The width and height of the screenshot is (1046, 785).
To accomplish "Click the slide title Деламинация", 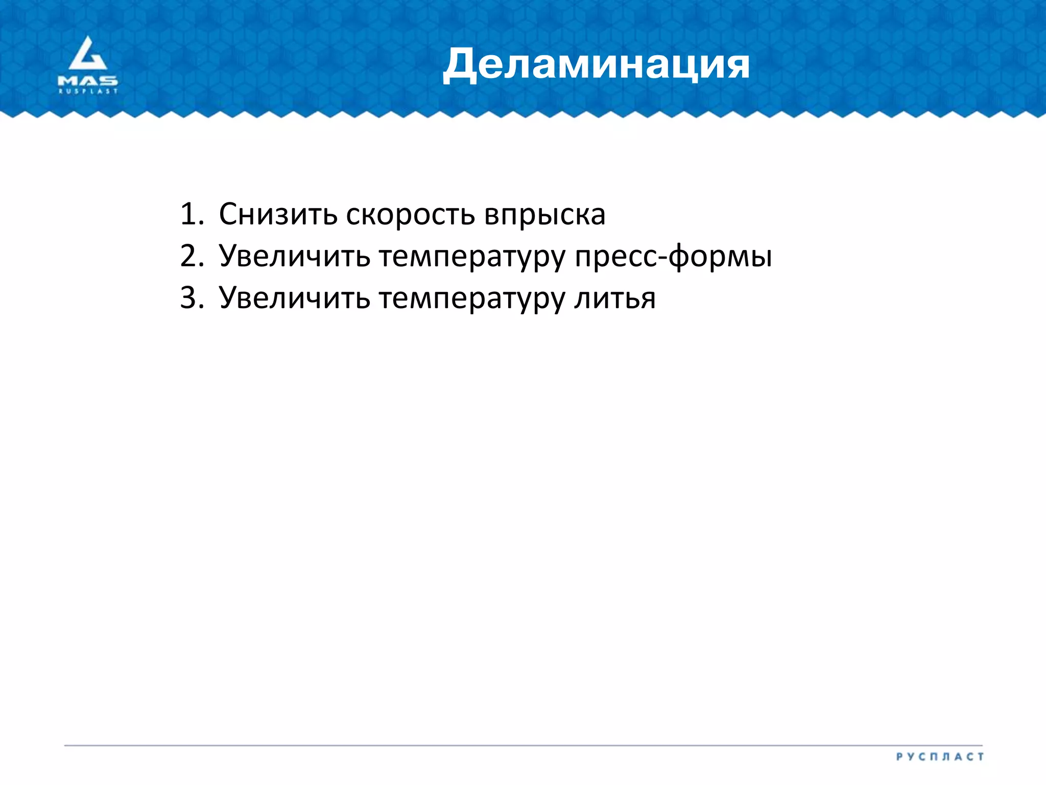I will coord(596,64).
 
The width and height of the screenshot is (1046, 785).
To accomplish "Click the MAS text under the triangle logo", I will coord(88,81).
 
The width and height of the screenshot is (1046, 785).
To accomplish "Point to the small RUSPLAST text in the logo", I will coord(88,91).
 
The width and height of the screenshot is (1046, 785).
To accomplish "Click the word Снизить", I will coord(278,214).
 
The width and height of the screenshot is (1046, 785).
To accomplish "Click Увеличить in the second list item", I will coord(294,256).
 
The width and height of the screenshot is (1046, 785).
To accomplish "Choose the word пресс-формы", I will coord(673,257).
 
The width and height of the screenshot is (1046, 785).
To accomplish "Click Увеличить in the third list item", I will coord(294,298).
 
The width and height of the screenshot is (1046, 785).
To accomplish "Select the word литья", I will coord(615,299).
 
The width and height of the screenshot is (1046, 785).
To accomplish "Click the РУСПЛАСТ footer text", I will coord(940,757).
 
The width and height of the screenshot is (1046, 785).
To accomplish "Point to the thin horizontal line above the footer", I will coord(523,746).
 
